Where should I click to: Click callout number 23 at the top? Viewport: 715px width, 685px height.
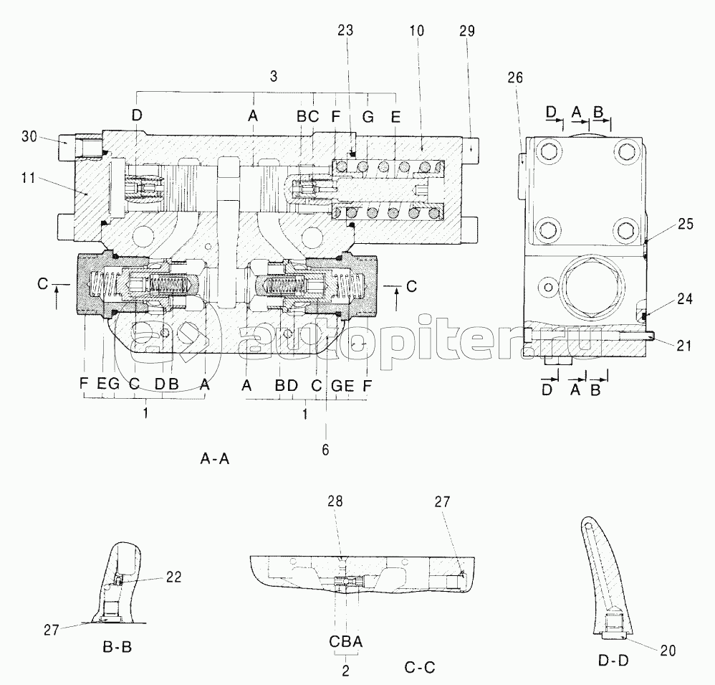[345, 31]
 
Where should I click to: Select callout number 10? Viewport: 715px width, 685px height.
[416, 31]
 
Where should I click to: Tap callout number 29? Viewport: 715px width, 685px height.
[467, 31]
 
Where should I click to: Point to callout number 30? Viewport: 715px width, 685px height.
[29, 136]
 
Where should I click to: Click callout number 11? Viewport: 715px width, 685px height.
[28, 177]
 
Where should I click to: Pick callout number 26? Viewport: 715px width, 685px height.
[515, 77]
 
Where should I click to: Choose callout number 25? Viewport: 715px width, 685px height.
[686, 224]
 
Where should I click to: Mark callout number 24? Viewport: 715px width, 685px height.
[684, 298]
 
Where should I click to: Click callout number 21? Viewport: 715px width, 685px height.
[683, 346]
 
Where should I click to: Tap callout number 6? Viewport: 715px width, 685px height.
[325, 450]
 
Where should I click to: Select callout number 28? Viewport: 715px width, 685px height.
[335, 501]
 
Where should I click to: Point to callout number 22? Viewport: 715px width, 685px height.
[173, 577]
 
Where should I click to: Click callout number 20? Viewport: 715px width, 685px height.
[668, 651]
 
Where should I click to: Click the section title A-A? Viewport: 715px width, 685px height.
[215, 458]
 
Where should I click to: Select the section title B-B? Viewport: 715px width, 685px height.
[117, 647]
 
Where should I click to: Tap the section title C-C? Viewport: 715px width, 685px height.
[420, 668]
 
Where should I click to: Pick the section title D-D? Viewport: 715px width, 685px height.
[613, 661]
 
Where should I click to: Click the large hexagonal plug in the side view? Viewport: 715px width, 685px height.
[591, 287]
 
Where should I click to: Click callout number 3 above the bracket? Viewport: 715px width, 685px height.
[273, 76]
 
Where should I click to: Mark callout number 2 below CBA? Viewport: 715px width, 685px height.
[345, 671]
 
